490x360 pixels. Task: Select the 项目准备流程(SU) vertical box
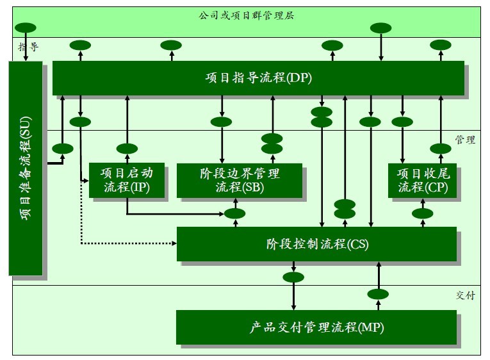click(x=26, y=168)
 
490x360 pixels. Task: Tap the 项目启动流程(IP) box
click(x=128, y=180)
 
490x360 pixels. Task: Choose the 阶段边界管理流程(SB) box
click(x=240, y=180)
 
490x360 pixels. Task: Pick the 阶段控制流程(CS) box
click(x=317, y=244)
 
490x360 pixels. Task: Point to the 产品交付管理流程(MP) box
click(x=317, y=327)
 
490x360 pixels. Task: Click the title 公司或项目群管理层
click(x=247, y=15)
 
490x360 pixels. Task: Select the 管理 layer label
click(x=465, y=140)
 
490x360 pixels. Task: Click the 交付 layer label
click(x=465, y=295)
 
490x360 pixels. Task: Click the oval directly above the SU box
click(x=26, y=28)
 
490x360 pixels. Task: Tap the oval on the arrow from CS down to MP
click(x=293, y=277)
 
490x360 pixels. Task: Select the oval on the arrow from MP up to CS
click(x=378, y=294)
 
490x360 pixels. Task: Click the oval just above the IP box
click(x=127, y=149)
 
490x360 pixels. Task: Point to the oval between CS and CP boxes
click(x=422, y=213)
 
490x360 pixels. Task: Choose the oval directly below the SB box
click(x=236, y=213)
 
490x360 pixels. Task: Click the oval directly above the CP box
click(x=441, y=149)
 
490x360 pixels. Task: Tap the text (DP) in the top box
click(x=300, y=78)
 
